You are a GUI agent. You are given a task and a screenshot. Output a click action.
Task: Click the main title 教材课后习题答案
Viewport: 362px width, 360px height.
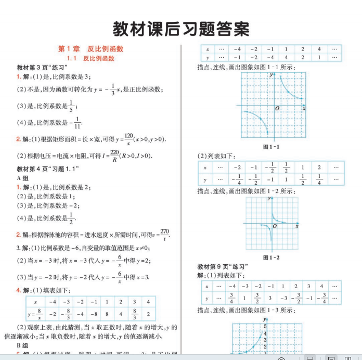[181, 28]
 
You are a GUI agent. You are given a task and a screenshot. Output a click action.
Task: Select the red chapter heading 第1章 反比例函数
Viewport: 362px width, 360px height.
[91, 49]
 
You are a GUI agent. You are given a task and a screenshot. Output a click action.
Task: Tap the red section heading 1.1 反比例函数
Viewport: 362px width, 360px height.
[91, 58]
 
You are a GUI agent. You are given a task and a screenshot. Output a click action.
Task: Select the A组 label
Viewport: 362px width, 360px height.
[22, 178]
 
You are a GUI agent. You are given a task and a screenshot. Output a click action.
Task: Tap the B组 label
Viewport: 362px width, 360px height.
[22, 345]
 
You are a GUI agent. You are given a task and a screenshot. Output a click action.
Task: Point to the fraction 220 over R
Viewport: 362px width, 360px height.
[114, 156]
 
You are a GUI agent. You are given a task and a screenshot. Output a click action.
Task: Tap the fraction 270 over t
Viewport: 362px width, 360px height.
[165, 234]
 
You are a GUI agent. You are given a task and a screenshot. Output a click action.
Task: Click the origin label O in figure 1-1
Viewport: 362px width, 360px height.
[277, 108]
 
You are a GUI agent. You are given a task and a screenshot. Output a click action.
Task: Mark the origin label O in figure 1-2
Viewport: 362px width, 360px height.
[275, 227]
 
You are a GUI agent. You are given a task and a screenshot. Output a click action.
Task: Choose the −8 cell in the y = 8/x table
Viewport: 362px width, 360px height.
[94, 314]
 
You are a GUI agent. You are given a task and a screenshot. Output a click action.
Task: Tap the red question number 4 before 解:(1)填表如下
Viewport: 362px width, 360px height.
[19, 290]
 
